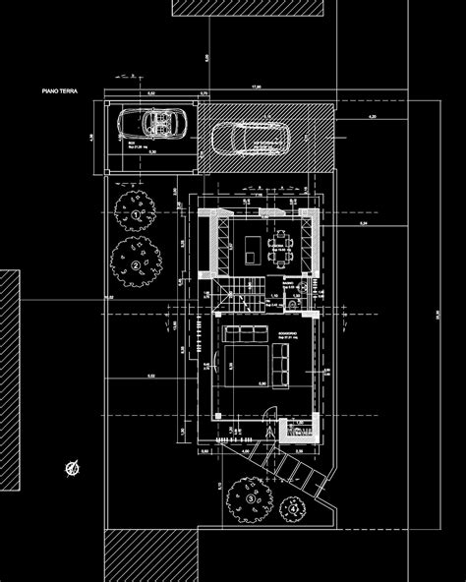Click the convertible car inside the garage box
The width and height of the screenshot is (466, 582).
point(153,125)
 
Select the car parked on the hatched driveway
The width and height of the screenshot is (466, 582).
point(250,138)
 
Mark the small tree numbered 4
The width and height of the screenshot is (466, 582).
point(293,508)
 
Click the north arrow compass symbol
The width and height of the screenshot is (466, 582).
point(72,468)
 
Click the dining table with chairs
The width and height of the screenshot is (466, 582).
point(282,246)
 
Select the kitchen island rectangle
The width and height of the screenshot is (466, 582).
point(255,246)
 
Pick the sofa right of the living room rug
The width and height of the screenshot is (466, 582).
point(281,366)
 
